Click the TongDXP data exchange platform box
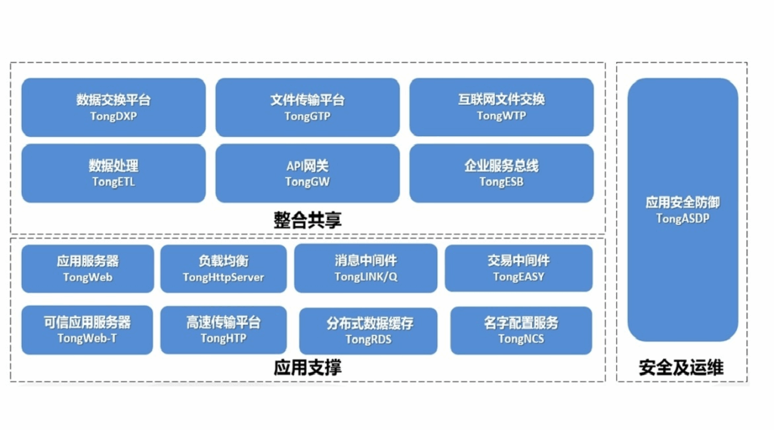click(x=113, y=107)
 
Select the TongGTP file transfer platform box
click(x=308, y=107)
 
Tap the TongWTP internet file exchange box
click(x=502, y=107)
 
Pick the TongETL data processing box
click(x=113, y=173)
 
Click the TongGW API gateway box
click(x=308, y=173)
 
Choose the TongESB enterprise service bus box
click(x=502, y=173)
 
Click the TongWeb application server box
click(x=88, y=268)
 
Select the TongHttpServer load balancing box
click(x=224, y=268)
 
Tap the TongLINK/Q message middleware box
click(x=366, y=268)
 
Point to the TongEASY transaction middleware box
click(x=519, y=268)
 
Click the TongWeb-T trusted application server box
click(x=87, y=329)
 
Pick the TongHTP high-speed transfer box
click(x=224, y=329)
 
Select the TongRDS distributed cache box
click(x=368, y=331)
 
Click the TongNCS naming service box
click(x=522, y=331)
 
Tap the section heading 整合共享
click(x=308, y=220)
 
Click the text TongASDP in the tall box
click(x=683, y=218)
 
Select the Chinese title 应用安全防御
click(x=683, y=203)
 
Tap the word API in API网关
click(x=295, y=166)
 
